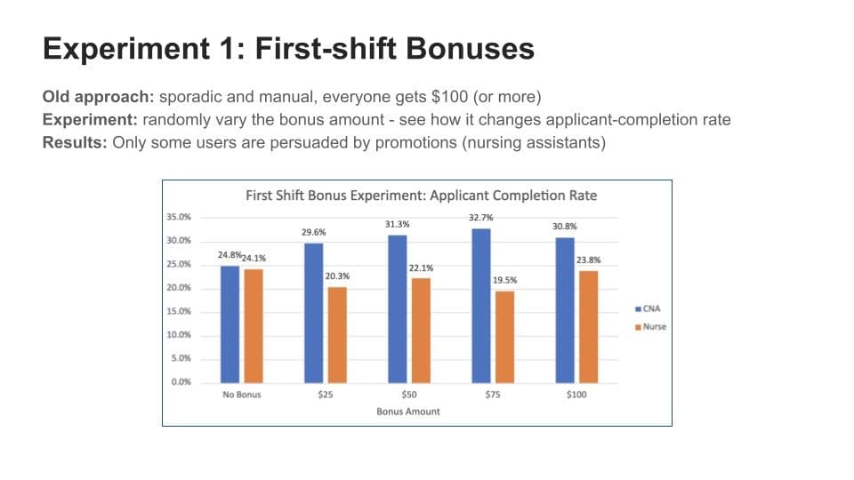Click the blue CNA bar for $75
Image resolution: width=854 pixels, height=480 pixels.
(x=481, y=305)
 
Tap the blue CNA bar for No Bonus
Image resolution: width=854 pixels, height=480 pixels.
(x=230, y=324)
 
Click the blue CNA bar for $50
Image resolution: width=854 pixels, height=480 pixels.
(x=398, y=308)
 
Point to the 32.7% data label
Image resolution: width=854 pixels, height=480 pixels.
(x=480, y=217)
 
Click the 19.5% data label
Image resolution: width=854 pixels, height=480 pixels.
(x=504, y=280)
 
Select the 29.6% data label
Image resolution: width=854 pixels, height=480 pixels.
(x=313, y=232)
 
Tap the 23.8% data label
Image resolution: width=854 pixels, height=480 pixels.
(x=588, y=260)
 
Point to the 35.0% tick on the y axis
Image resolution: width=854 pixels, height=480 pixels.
(x=179, y=217)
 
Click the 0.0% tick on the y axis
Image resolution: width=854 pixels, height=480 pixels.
(x=181, y=382)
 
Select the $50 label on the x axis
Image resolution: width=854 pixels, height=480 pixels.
(x=409, y=395)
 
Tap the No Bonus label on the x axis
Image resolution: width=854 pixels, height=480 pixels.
(x=242, y=395)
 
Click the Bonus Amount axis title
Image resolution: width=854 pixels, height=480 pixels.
(x=408, y=412)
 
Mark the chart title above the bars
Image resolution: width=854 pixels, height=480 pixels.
(x=421, y=196)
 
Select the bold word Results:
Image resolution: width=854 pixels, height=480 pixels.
(x=76, y=143)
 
